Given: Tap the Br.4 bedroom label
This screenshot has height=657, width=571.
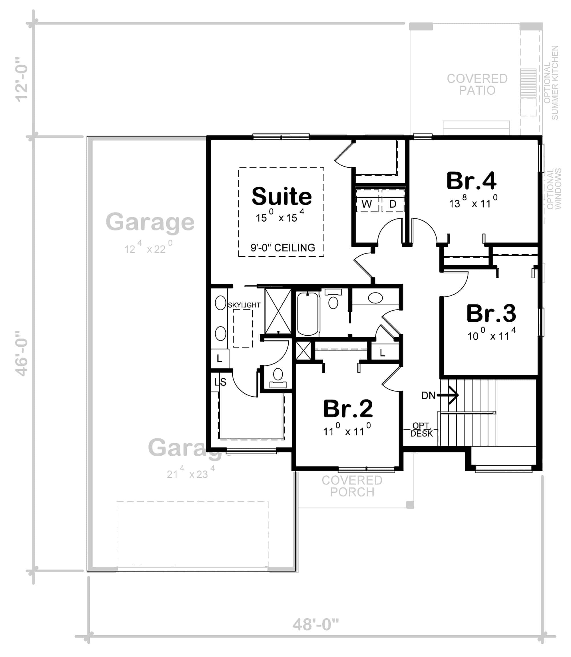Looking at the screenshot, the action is point(471,181).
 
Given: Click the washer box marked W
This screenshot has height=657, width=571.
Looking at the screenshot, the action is point(367,200).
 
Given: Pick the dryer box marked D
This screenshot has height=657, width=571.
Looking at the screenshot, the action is point(393,200).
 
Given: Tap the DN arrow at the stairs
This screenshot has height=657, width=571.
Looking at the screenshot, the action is point(448,395).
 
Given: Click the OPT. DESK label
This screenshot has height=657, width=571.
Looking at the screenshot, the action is point(422,430).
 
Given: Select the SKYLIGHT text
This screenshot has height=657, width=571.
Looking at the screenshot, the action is point(244,305).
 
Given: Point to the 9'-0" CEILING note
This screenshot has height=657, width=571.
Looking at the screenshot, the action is point(283,248).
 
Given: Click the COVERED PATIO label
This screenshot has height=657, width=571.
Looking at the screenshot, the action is point(477,84).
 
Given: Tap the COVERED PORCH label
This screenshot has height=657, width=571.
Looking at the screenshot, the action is point(352,486).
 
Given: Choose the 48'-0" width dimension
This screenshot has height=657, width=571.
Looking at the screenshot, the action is point(315,624).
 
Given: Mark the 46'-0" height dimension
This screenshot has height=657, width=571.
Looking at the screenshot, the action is point(22,353).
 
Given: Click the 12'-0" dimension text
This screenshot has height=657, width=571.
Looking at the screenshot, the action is point(22,80).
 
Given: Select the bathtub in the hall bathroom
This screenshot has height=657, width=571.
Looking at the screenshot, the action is point(308,314).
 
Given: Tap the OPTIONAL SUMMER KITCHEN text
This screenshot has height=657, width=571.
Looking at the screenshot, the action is point(551,83).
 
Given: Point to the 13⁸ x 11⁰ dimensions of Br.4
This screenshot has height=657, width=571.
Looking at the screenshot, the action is point(473,202).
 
